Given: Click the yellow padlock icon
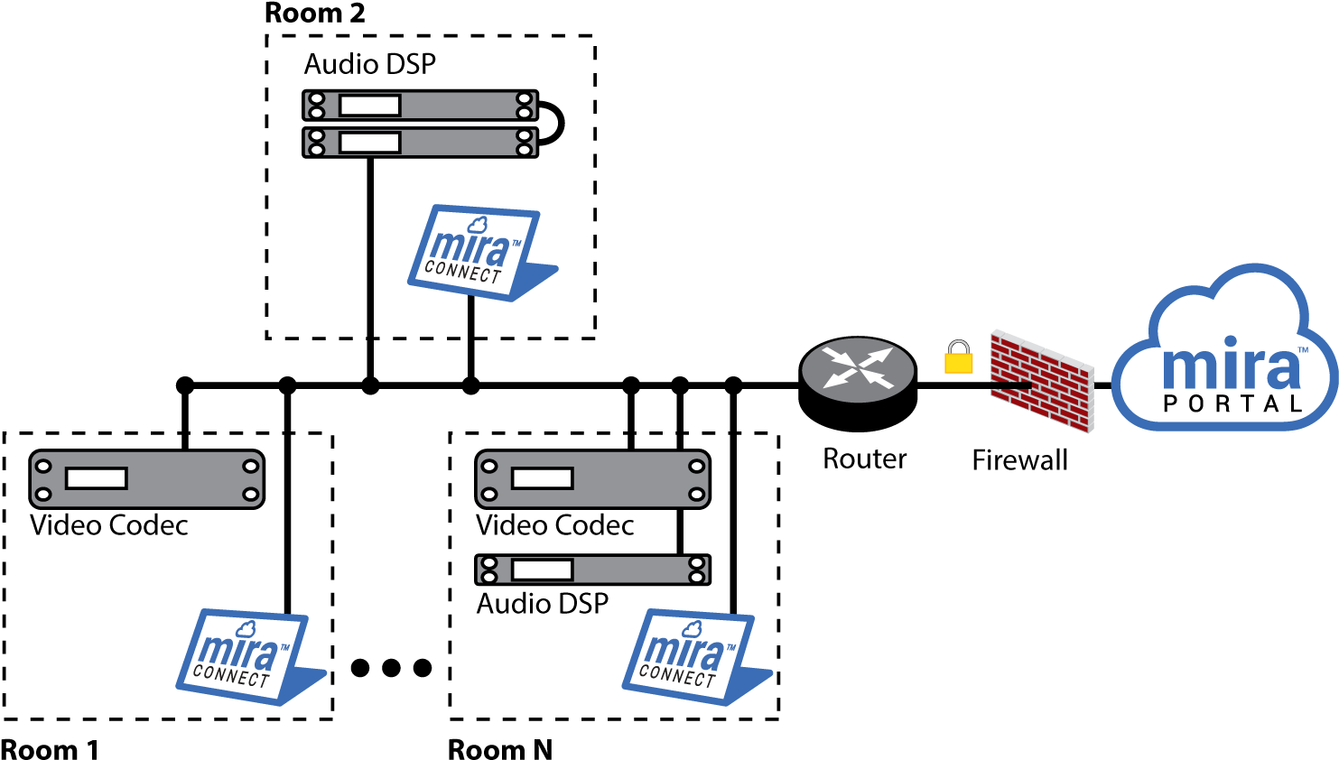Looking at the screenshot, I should point(958,362).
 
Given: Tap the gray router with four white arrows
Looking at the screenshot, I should point(858,370).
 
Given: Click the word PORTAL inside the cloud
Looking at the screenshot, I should point(1232,403).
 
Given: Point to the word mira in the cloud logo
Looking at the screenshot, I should point(1230,366).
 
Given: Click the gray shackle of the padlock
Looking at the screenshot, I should point(958,348).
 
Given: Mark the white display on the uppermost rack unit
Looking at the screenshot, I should point(369,106).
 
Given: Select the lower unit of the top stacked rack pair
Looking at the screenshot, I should point(420,143).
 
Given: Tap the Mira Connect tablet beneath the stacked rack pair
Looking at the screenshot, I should point(479,253).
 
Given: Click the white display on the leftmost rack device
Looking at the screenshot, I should point(96,478).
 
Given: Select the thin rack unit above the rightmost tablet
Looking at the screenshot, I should point(592,570).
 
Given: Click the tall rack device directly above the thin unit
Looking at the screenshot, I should point(592,479).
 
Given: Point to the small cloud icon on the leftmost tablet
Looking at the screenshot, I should point(245,629).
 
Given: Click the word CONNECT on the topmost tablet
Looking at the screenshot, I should point(462,272).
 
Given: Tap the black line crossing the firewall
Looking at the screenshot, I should point(1011,385).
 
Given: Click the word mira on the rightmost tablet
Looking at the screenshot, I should point(683,650).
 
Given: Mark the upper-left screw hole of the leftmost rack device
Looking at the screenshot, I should point(43,467).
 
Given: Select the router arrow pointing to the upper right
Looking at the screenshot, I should point(879,355).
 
